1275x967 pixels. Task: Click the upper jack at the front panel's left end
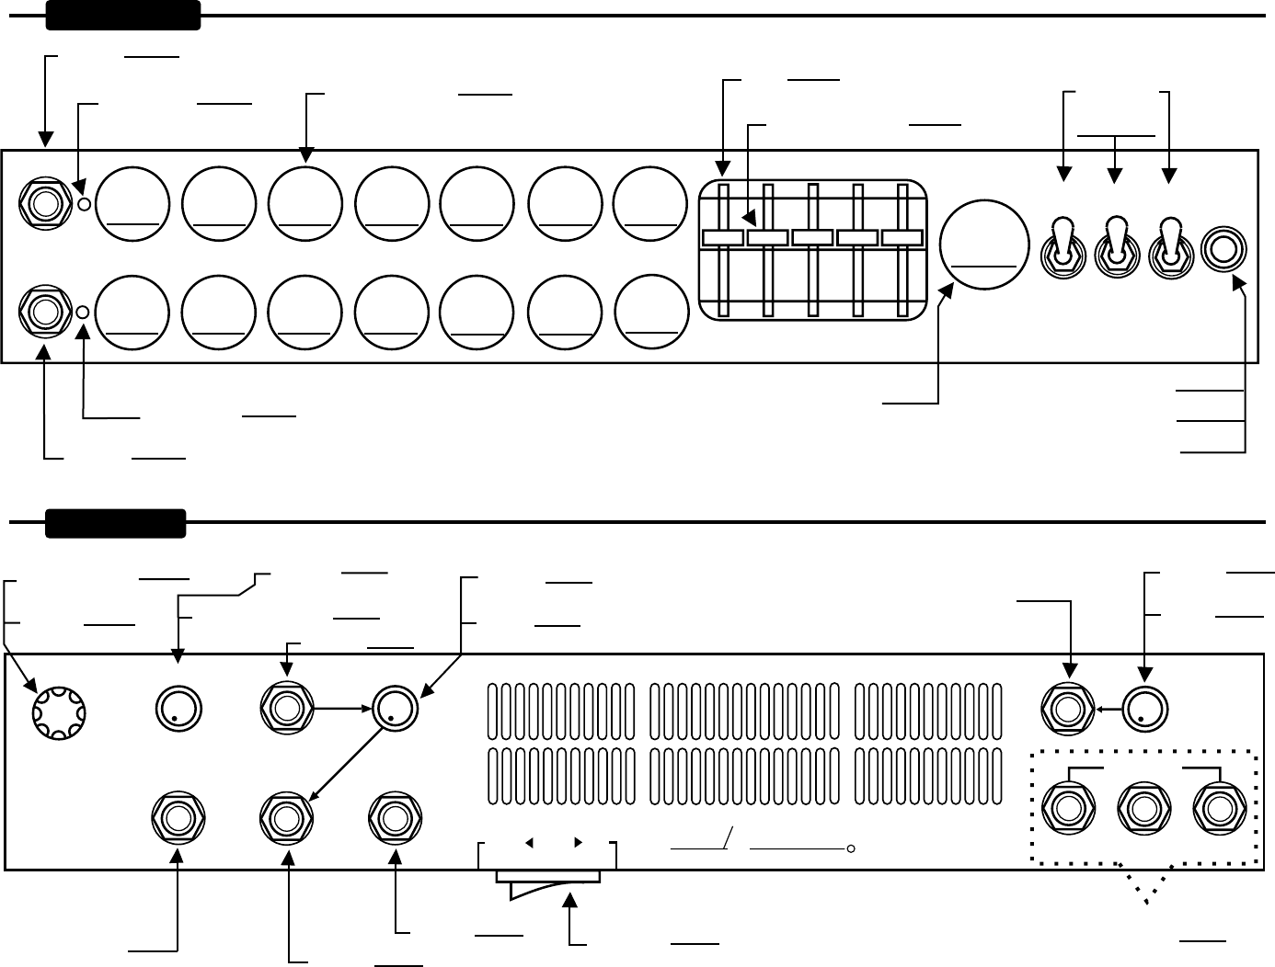(x=45, y=203)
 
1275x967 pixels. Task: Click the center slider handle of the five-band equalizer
(x=812, y=237)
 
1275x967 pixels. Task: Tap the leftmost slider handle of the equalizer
(x=722, y=237)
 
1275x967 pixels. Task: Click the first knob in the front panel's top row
(x=132, y=204)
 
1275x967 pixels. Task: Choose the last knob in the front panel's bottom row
(x=651, y=312)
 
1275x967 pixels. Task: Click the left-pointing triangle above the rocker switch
(x=529, y=842)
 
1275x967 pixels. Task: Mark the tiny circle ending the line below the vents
(x=851, y=848)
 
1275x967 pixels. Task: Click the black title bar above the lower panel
(x=116, y=523)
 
